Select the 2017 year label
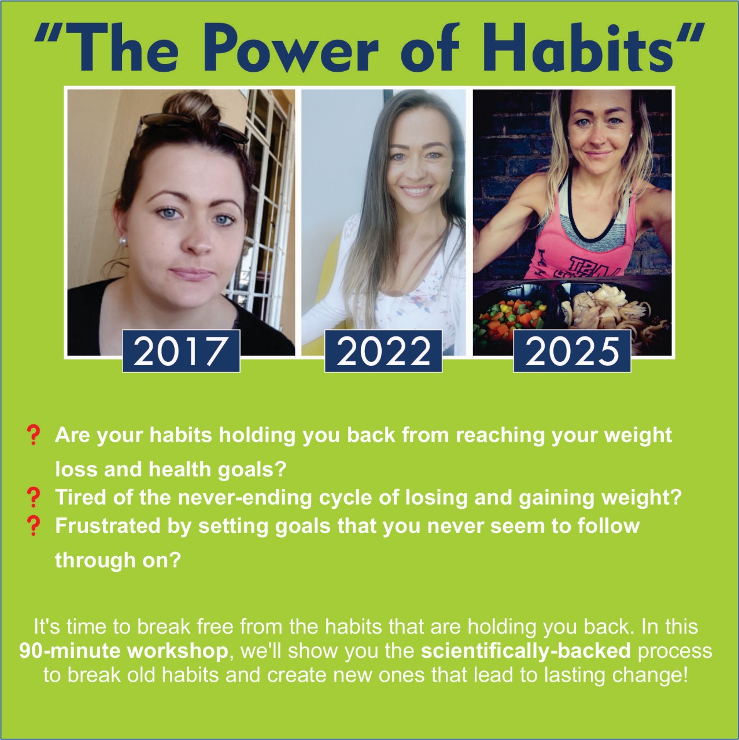click(x=182, y=351)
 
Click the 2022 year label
click(x=383, y=351)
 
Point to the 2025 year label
click(x=572, y=351)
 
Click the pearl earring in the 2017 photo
click(x=124, y=241)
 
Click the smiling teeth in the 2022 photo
click(x=416, y=191)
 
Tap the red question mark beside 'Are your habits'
click(x=34, y=435)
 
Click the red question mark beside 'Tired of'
click(x=34, y=497)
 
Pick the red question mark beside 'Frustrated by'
click(x=34, y=526)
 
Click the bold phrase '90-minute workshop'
click(x=124, y=651)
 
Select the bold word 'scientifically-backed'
click(x=526, y=651)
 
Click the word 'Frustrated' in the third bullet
click(x=108, y=526)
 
